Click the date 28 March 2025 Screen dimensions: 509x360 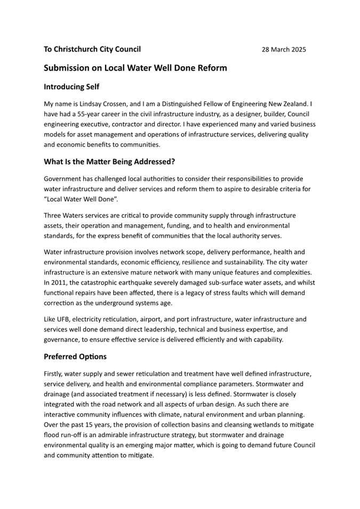click(x=284, y=50)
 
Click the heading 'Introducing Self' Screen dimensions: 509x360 click(x=71, y=86)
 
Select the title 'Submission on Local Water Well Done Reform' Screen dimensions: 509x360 click(x=135, y=68)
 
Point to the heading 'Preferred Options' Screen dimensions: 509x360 click(x=75, y=356)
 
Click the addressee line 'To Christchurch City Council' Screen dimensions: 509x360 click(x=92, y=49)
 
